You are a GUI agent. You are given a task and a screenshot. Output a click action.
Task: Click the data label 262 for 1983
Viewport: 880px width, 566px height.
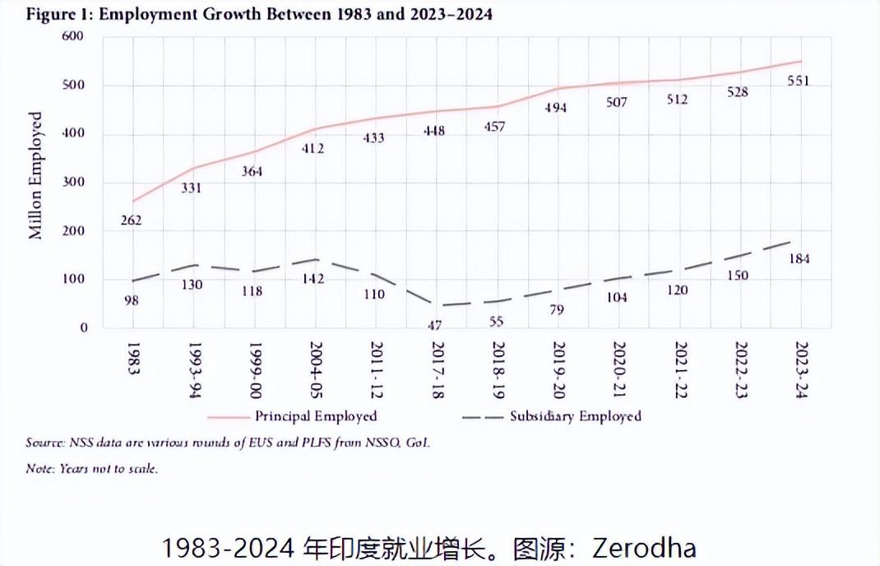tap(131, 220)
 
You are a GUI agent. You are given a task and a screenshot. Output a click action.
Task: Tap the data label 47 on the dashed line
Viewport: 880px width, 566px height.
tap(435, 326)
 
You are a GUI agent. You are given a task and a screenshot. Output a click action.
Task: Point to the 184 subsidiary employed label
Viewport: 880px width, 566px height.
tap(799, 259)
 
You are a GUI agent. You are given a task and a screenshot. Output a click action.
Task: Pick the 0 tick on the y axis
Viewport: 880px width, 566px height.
tap(84, 328)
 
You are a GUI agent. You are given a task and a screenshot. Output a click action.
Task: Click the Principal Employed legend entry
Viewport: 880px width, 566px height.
tap(316, 416)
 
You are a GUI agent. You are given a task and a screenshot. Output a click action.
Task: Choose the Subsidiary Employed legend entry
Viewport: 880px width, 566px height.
tap(575, 416)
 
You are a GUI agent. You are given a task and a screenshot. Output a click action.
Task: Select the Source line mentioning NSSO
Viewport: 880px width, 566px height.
tap(228, 443)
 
